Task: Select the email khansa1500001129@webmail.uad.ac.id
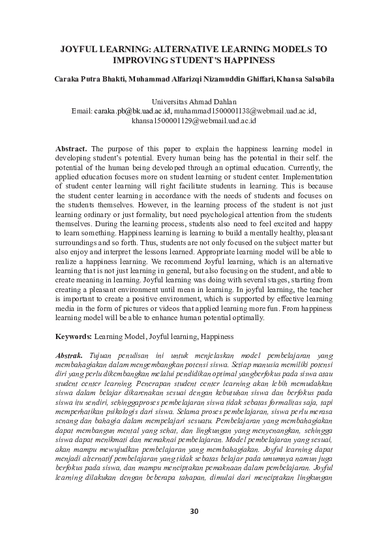coord(194,121)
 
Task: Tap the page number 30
coord(194,511)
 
